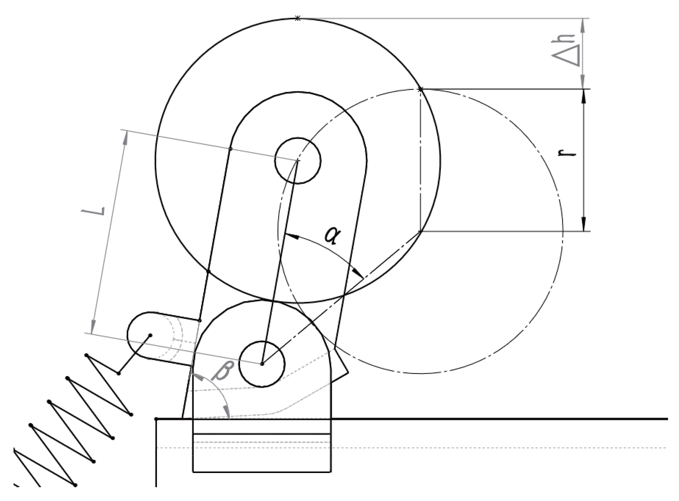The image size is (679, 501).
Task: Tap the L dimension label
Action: click(93, 211)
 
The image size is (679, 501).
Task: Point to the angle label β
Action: click(222, 370)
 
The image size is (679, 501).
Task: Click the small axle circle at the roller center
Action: click(297, 161)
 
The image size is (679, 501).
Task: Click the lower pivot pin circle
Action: click(262, 364)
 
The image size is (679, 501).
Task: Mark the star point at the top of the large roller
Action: click(298, 18)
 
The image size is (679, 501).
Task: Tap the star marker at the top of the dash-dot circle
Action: click(420, 89)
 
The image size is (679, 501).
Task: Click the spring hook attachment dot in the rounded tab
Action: click(150, 335)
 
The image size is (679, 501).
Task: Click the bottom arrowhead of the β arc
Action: click(227, 412)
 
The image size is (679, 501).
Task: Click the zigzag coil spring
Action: click(74, 418)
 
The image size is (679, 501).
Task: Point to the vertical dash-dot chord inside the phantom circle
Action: click(420, 161)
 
